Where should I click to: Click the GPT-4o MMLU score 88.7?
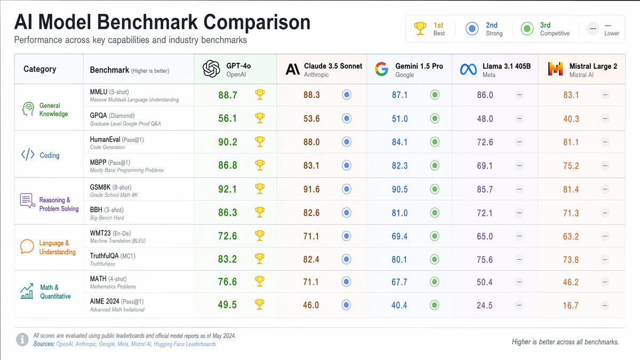pos(228,95)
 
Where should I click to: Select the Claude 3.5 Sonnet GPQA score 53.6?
pos(311,118)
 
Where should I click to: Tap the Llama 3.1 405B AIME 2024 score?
pos(484,306)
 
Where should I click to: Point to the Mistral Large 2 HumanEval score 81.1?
pos(571,142)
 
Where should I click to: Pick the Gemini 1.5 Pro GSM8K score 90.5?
pos(399,189)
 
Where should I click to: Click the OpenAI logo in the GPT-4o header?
pos(211,69)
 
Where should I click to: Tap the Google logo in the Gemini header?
pos(381,69)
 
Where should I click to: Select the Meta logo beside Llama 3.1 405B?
pos(468,69)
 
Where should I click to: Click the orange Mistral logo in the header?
pos(555,69)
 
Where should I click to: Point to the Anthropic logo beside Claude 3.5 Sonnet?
pos(292,69)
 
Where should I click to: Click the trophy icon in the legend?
pos(420,29)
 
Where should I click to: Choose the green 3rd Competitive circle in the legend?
pos(527,29)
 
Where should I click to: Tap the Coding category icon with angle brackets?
pos(27,155)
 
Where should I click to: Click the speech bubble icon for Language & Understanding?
pos(27,247)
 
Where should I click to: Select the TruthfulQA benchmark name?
pos(104,256)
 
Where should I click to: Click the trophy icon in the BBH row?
pos(260,212)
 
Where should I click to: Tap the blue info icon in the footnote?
pos(23,339)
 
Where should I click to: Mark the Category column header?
pos(39,69)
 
